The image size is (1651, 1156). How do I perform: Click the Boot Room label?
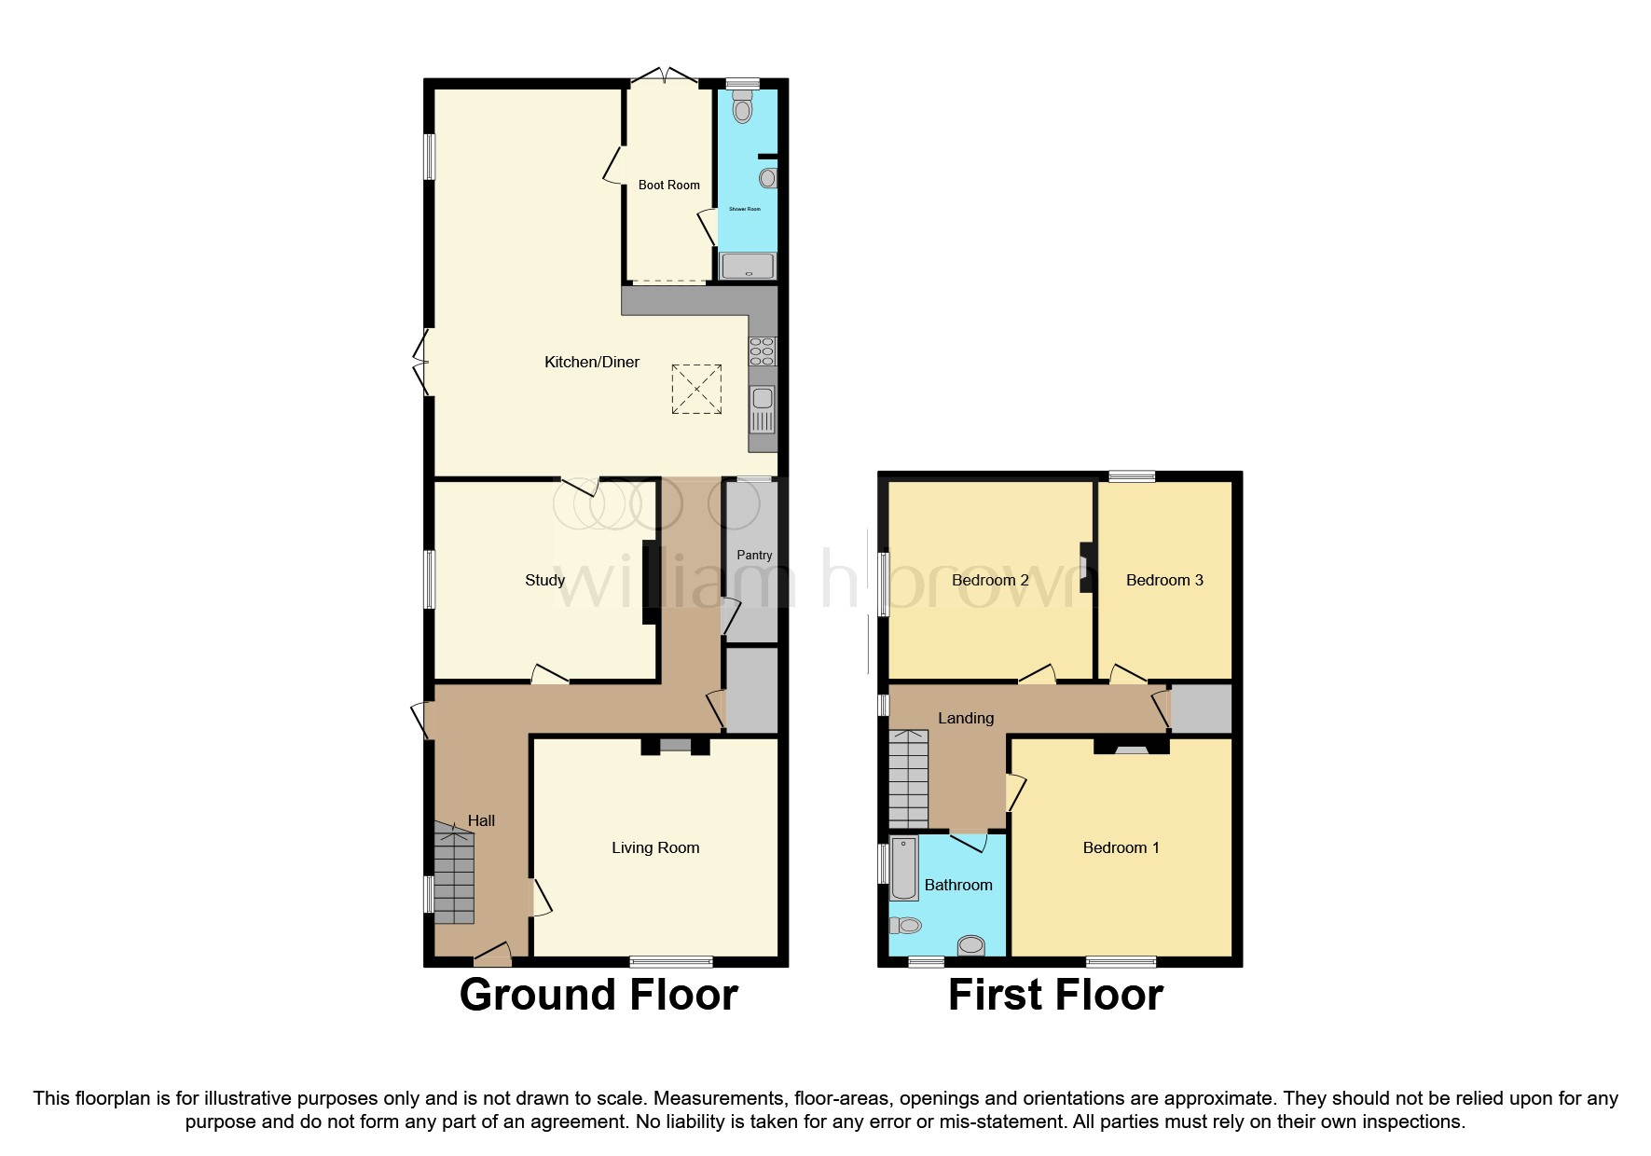668,185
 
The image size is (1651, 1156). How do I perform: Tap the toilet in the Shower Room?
742,108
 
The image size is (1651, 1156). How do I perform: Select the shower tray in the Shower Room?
748,266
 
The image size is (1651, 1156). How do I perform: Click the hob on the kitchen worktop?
762,351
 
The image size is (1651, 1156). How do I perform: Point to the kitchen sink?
762,409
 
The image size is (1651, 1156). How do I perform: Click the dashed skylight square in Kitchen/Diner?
696,389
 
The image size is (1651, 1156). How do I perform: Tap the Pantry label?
753,555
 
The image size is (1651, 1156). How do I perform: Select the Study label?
544,580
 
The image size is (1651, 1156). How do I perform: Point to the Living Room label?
654,847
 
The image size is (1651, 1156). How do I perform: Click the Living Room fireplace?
676,745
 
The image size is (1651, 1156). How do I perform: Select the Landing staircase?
908,779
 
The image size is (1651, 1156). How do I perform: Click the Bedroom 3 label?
1163,580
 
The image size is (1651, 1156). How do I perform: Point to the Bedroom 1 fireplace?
1132,746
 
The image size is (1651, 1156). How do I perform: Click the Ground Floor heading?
598,995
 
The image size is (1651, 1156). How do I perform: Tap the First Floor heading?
1055,995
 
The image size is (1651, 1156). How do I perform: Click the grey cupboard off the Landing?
1201,709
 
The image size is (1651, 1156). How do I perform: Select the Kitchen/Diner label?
591,362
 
